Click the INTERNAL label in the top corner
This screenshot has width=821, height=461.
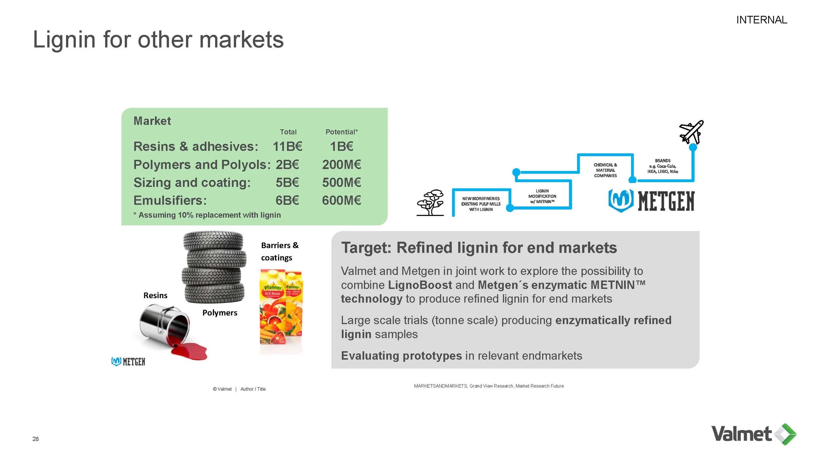coord(761,20)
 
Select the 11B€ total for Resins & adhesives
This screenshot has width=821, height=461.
coord(287,146)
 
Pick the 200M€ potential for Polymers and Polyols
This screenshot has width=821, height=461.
coord(341,164)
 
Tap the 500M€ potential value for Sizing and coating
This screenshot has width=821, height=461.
coord(341,182)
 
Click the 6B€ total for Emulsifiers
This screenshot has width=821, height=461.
coord(287,200)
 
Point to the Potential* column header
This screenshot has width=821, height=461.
coord(341,132)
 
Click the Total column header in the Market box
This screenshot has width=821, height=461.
coord(288,132)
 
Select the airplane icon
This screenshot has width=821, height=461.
coord(691,132)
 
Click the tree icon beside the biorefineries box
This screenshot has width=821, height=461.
coord(430,202)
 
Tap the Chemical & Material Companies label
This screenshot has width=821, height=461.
coord(605,170)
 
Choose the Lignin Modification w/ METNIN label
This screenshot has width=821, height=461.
coord(542,196)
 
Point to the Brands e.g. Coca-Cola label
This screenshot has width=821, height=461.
coord(662,166)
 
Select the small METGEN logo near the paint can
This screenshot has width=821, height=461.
coord(128,361)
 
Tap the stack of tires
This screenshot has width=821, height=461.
coord(214,267)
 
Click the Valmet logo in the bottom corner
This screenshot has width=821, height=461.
coord(753,434)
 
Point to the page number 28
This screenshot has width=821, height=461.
coord(35,439)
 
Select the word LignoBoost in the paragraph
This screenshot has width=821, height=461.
coord(420,285)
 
